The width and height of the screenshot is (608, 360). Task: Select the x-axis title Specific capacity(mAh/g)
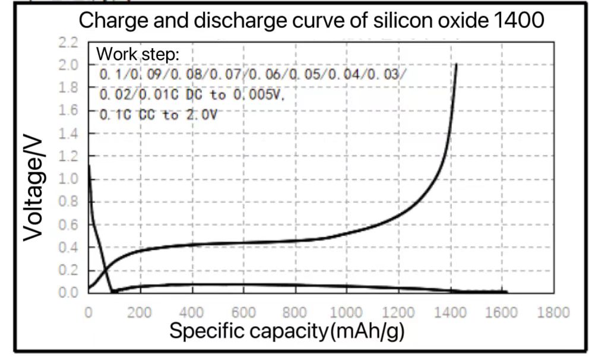(287, 331)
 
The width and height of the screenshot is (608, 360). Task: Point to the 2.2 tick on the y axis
(69, 43)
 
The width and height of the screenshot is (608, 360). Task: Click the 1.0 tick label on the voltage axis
(69, 179)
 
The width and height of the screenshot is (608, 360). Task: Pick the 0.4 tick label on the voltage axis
(69, 248)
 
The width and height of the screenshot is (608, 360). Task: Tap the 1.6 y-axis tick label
(69, 111)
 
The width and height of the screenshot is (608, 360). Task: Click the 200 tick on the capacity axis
(140, 312)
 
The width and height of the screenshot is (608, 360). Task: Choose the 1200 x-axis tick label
(398, 312)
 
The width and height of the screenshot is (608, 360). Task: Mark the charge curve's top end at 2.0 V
(456, 64)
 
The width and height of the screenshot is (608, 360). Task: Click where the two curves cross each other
(105, 271)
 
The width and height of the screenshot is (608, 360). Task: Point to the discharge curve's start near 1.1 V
(89, 166)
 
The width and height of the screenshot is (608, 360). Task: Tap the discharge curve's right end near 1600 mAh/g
(506, 291)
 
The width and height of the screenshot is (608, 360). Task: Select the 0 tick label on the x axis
(88, 312)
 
